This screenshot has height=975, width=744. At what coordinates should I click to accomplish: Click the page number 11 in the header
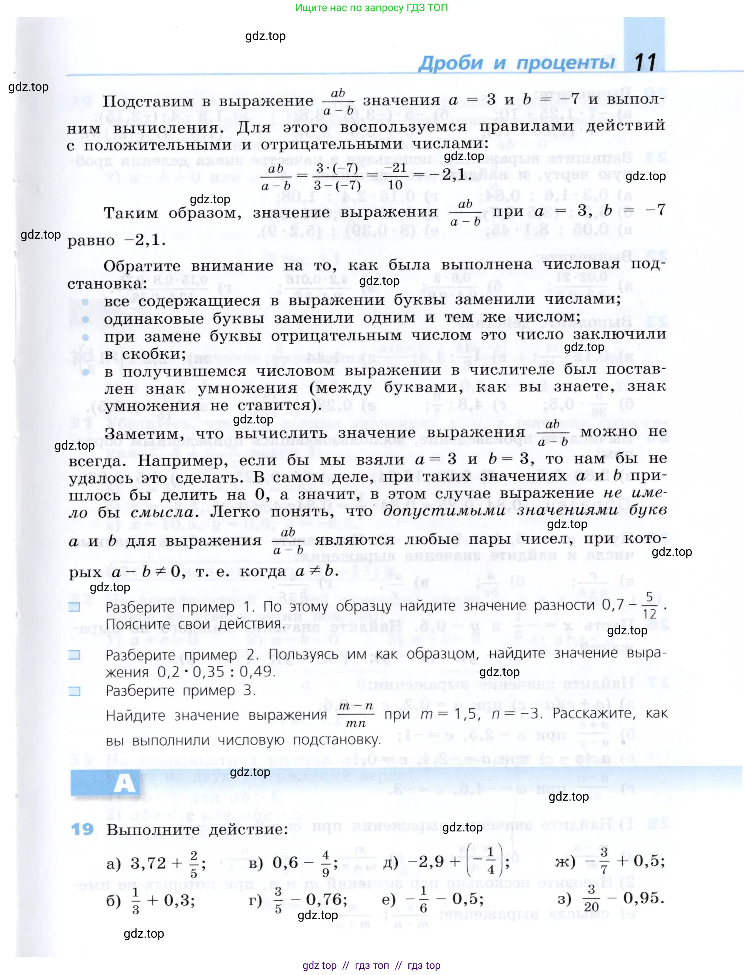point(645,62)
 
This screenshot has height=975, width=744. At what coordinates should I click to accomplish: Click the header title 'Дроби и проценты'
point(517,63)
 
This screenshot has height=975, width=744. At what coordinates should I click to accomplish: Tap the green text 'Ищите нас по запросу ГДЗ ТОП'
point(371,8)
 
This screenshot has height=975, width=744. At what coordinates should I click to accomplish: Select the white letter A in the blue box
point(124,783)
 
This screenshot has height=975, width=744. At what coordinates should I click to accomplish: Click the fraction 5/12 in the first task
point(649,605)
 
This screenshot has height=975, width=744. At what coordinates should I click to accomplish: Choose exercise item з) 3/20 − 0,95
point(611,899)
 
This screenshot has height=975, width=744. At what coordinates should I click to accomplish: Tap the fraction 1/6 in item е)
point(423,899)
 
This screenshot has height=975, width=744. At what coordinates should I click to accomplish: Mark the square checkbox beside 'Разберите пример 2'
point(74,654)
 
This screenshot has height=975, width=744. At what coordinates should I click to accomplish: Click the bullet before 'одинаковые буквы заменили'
point(85,319)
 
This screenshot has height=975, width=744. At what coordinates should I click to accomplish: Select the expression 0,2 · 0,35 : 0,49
point(216,672)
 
